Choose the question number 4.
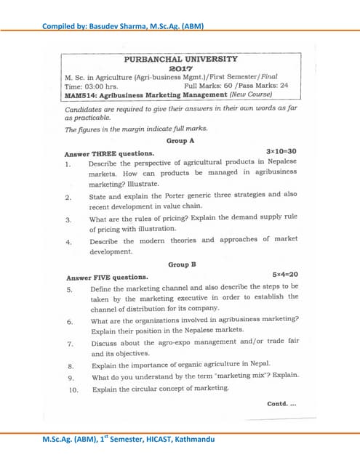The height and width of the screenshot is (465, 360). click(x=68, y=242)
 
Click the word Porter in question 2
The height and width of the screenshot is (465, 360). click(x=180, y=195)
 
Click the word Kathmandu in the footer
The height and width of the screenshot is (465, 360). click(x=192, y=438)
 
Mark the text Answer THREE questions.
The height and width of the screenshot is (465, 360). click(x=110, y=153)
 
